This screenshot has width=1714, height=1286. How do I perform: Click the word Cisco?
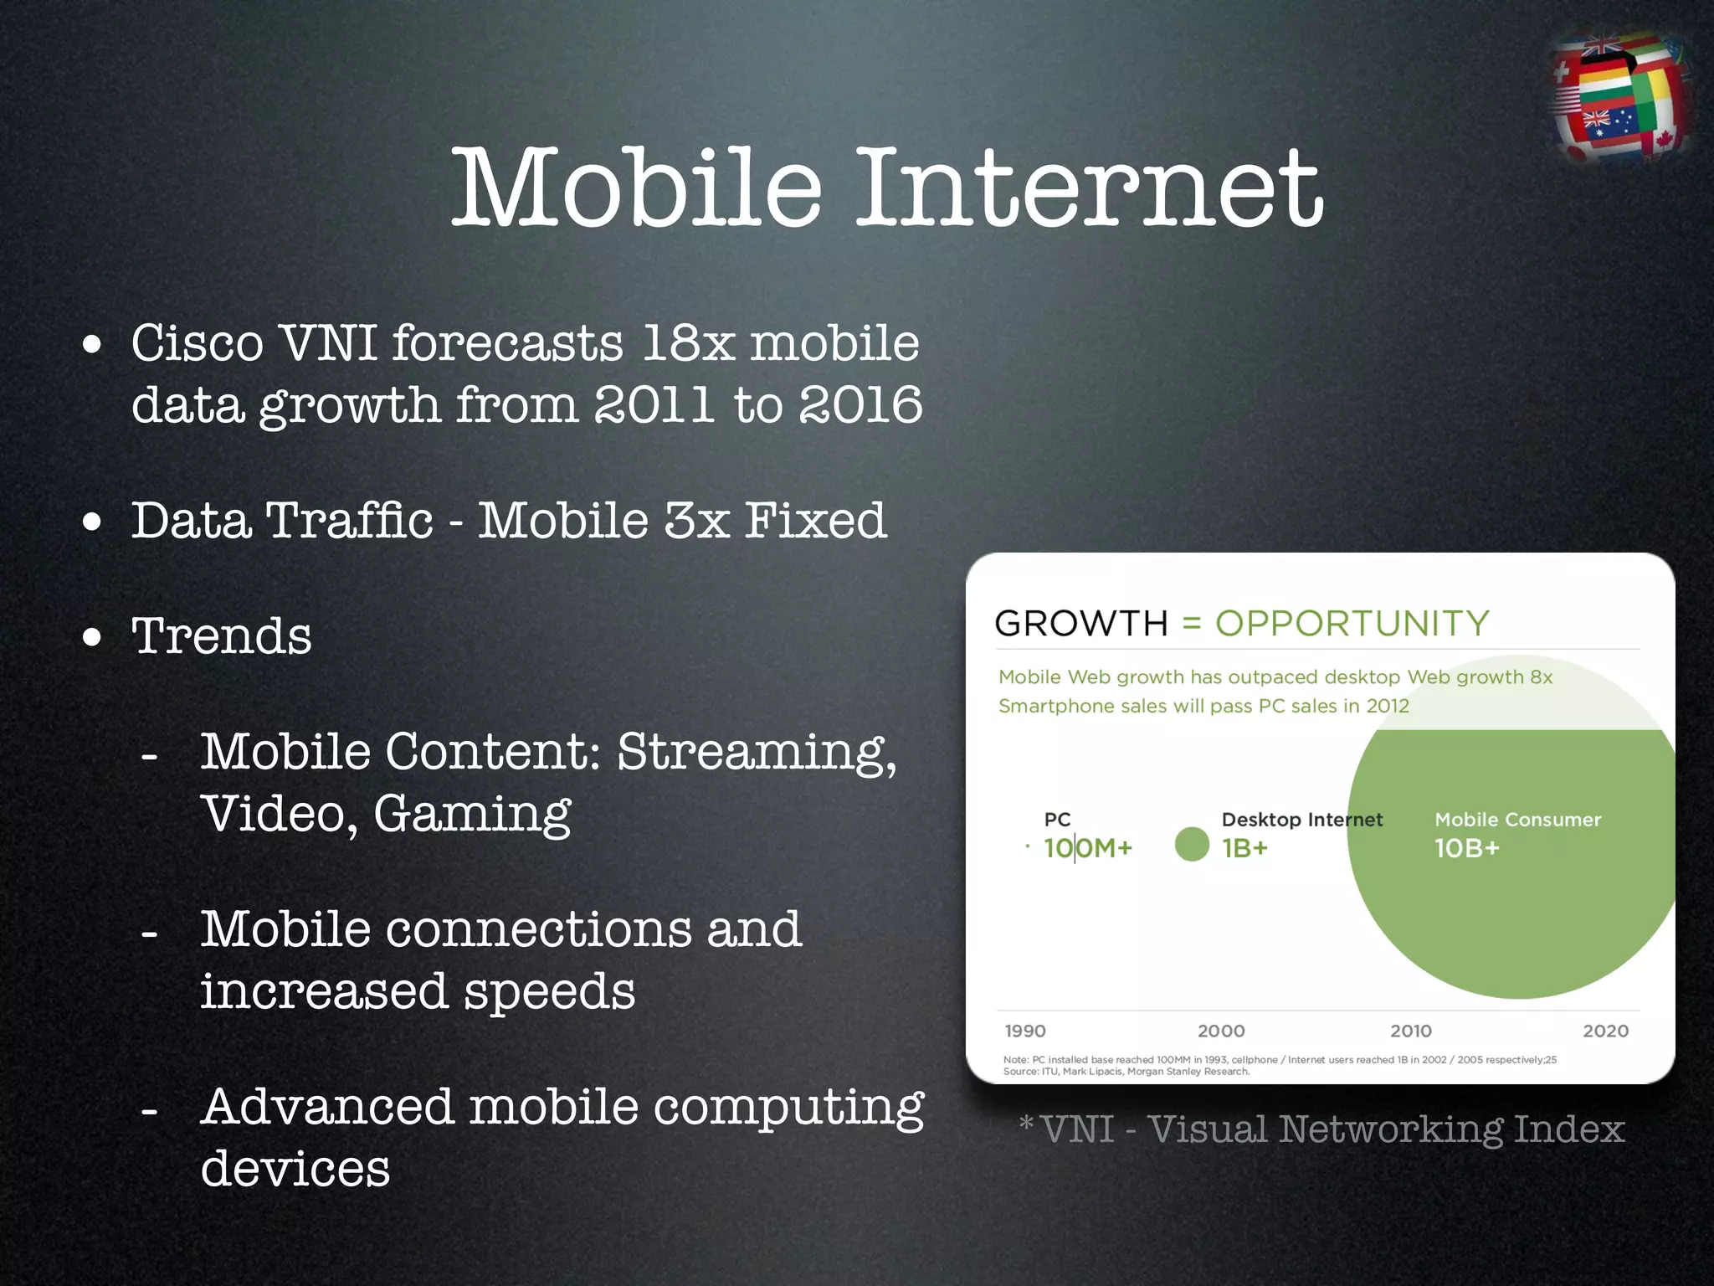(x=198, y=343)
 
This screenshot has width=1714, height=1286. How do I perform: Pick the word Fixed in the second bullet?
(x=815, y=521)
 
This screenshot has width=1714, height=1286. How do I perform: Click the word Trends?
(x=222, y=636)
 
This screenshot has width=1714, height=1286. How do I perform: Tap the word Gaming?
(x=472, y=814)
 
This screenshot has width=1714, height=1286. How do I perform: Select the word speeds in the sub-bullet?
(x=549, y=991)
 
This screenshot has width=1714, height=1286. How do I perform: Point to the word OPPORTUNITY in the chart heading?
(x=1352, y=624)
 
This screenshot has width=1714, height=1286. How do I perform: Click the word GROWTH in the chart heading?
(x=1080, y=624)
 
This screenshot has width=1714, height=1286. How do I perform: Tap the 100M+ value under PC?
(x=1088, y=848)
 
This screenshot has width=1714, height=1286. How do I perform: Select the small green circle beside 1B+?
(x=1192, y=844)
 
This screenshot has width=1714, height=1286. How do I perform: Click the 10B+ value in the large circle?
(x=1466, y=848)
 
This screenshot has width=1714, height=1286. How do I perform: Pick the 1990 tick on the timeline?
(x=1025, y=1031)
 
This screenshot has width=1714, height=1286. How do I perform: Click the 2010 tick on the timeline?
(x=1411, y=1031)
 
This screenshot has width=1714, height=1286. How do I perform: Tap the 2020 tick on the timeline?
(x=1605, y=1031)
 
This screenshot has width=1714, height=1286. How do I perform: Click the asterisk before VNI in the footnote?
(x=1026, y=1122)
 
